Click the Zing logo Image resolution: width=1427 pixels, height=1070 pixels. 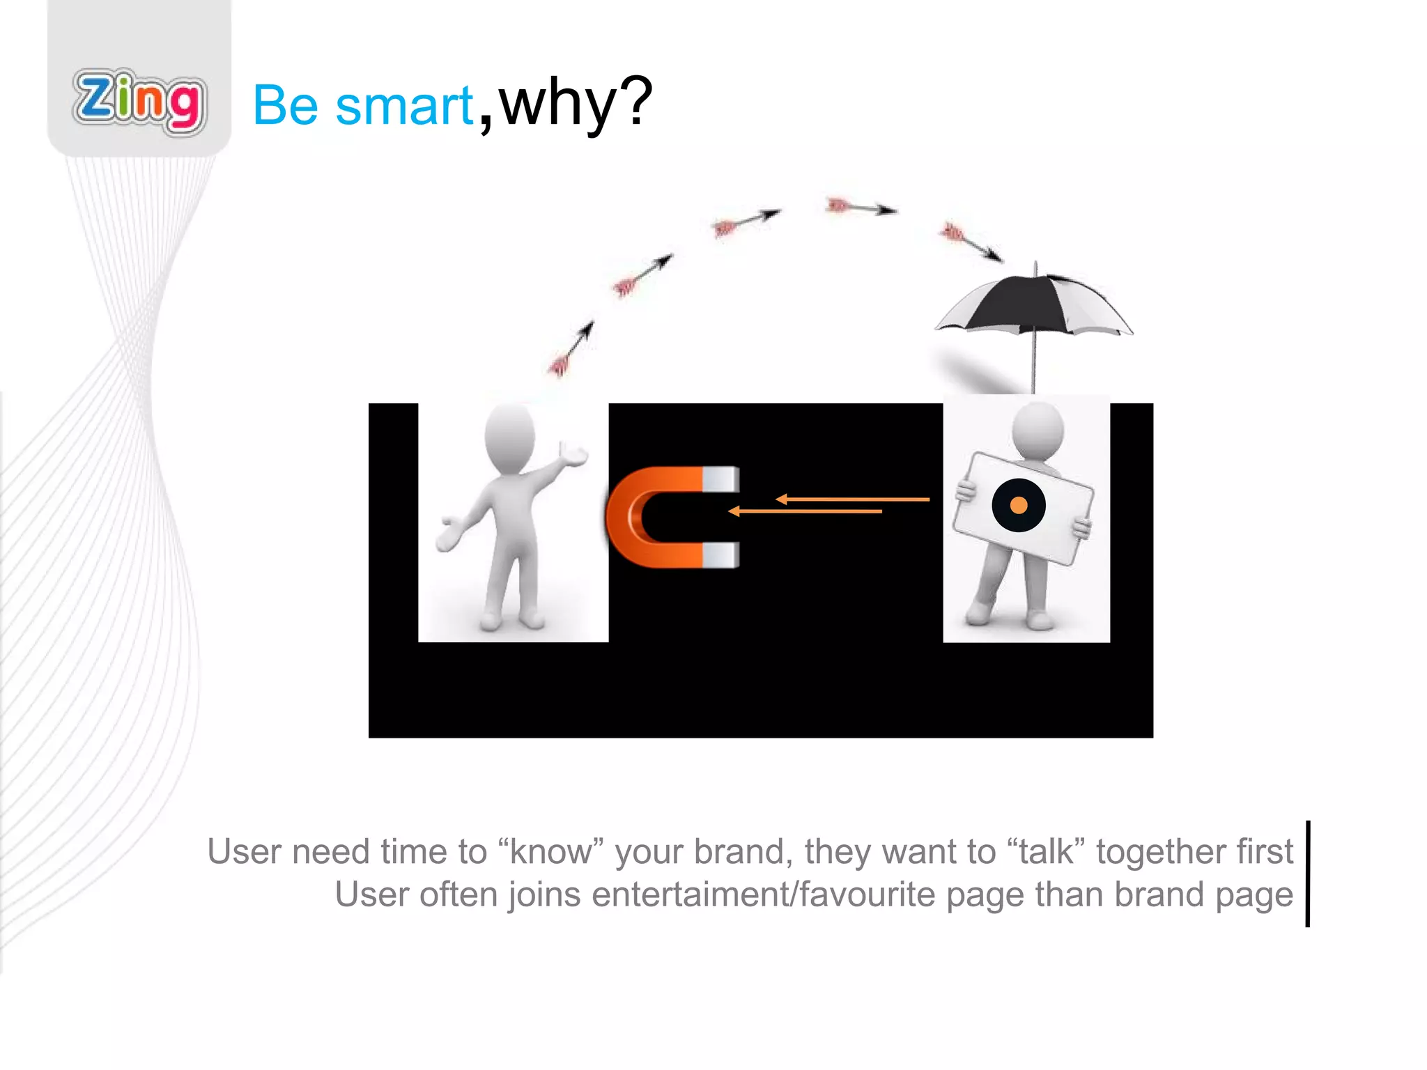139,102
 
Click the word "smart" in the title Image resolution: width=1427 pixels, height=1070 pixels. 404,106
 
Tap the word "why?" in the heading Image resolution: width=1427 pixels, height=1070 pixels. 576,103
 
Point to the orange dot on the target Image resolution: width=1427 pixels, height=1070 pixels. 1019,505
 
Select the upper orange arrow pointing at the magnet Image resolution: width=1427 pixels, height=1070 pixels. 853,499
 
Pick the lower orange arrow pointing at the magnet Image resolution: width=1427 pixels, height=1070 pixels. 805,511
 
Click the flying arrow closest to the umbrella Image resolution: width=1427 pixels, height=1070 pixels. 971,241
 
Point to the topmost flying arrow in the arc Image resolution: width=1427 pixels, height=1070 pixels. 861,207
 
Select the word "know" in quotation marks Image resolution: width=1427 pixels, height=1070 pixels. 550,852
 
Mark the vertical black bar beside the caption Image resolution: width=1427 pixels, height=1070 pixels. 1308,874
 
